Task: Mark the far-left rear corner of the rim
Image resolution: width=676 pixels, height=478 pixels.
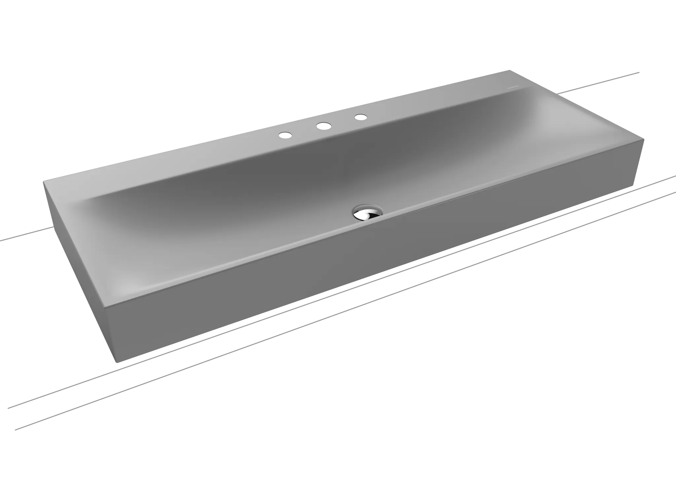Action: pos(44,181)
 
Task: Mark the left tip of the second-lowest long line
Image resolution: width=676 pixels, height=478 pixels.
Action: pos(9,408)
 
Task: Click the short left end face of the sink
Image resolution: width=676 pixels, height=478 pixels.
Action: pos(81,271)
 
